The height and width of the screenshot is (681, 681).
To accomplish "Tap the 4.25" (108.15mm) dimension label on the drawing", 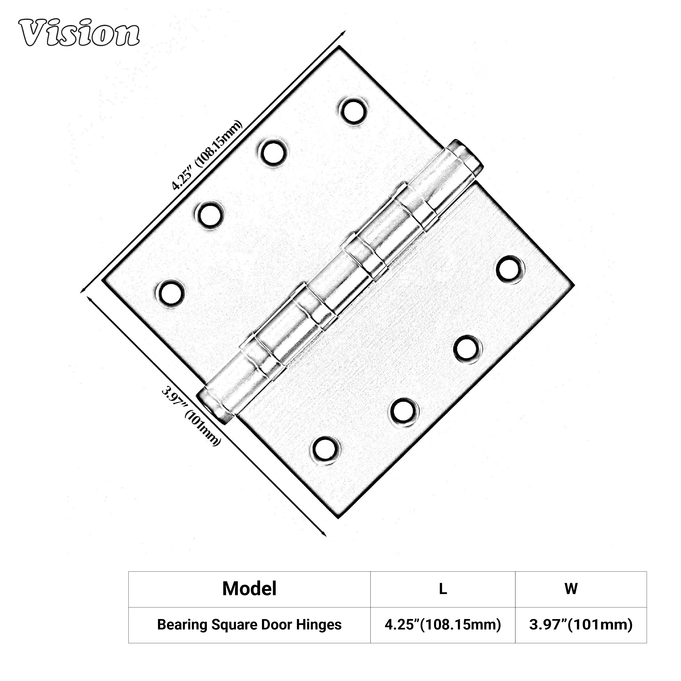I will (207, 155).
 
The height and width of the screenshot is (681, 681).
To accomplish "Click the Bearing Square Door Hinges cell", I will (249, 625).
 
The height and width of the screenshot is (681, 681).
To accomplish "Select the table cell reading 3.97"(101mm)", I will (581, 625).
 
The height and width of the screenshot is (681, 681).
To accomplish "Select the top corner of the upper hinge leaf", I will (339, 47).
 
